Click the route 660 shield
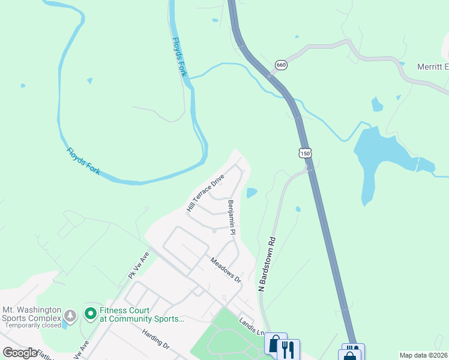click(280, 64)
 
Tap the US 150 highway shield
click(306, 154)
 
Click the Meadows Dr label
click(225, 271)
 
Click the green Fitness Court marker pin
click(90, 313)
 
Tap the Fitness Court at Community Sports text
click(142, 314)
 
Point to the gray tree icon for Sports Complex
click(71, 315)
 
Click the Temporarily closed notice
click(33, 325)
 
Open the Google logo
click(20, 353)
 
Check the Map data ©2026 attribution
click(424, 355)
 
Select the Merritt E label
click(432, 67)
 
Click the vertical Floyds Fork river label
click(179, 57)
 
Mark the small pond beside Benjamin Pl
click(252, 193)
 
